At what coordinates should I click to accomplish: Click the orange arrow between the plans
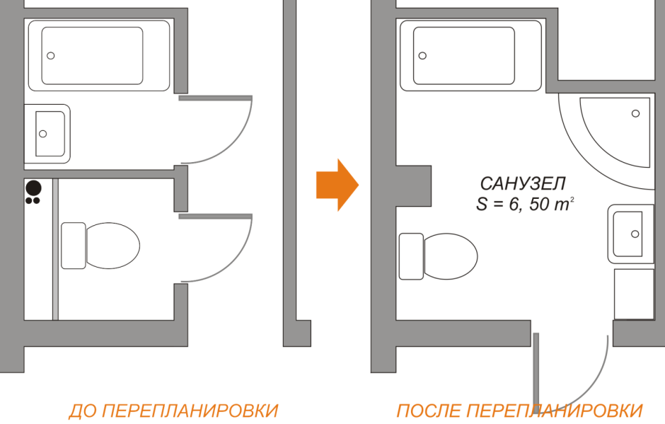pos(337,185)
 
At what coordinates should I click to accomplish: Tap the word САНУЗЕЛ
pos(523,184)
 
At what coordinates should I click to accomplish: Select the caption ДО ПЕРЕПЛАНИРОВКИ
pos(173,411)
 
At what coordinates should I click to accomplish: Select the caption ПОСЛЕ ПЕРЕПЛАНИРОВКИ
pos(519,411)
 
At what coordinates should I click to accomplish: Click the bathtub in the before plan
pos(98,55)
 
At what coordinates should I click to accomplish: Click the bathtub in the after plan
pos(470,55)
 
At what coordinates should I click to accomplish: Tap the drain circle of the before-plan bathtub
pos(51,56)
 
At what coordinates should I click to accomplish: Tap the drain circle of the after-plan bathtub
pos(422,56)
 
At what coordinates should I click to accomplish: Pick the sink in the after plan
pos(630,234)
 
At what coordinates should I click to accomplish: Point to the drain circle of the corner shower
pos(635,113)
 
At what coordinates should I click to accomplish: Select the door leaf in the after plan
pos(536,368)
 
